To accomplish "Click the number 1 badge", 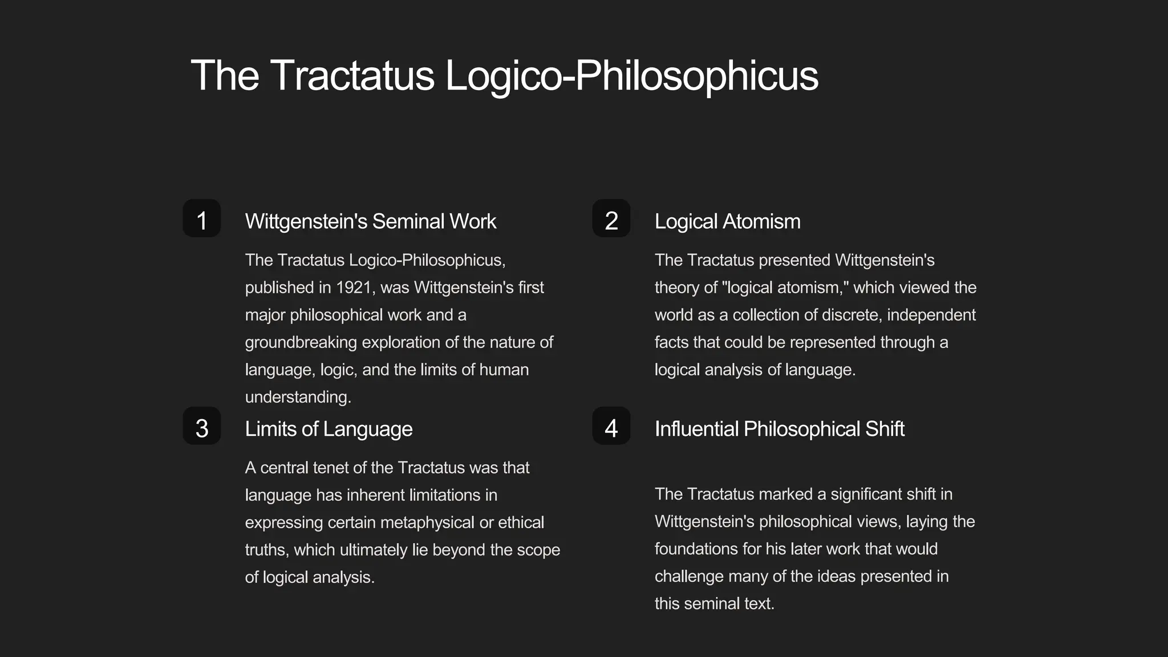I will pyautogui.click(x=201, y=218).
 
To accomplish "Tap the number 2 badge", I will pyautogui.click(x=611, y=218).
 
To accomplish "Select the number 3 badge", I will pyautogui.click(x=201, y=426).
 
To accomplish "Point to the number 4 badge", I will pyautogui.click(x=611, y=426).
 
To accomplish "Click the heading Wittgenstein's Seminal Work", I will pyautogui.click(x=371, y=221).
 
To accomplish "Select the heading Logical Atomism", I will pyautogui.click(x=727, y=221).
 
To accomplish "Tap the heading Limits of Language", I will pyautogui.click(x=328, y=429).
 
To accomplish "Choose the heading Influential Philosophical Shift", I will pyautogui.click(x=779, y=429).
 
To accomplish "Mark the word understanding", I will pyautogui.click(x=298, y=397).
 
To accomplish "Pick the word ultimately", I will pyautogui.click(x=373, y=550).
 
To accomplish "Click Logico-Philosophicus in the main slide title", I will pyautogui.click(x=631, y=75).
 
